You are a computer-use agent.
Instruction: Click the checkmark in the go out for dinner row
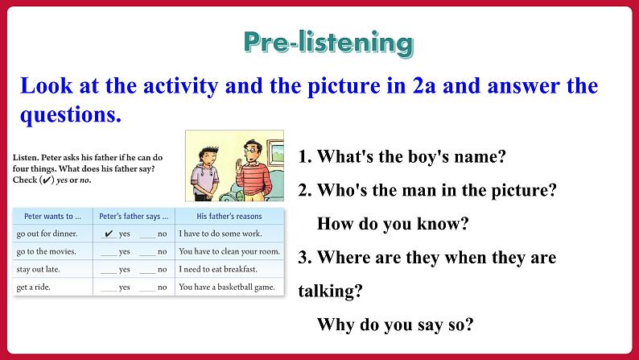(109, 234)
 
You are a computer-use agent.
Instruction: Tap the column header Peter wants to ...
(52, 217)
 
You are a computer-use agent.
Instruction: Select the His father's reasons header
(229, 217)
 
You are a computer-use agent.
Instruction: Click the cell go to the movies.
(46, 251)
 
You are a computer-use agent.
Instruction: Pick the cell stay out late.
(38, 270)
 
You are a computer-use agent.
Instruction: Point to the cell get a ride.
(34, 287)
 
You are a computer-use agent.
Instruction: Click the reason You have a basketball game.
(227, 287)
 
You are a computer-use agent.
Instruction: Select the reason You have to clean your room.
(229, 251)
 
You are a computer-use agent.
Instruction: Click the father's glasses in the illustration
(251, 150)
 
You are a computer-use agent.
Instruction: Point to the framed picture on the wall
(275, 151)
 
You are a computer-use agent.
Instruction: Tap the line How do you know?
(393, 223)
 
